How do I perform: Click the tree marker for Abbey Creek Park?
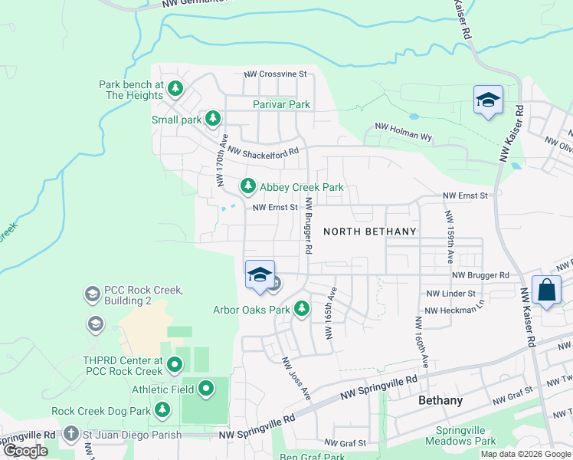[247, 186]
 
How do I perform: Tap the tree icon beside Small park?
[213, 119]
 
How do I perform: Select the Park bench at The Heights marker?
[175, 89]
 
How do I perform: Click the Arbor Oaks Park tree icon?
[303, 309]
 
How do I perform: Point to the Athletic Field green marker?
[205, 389]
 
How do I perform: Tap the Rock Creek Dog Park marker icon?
[162, 410]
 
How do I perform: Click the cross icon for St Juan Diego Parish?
[71, 435]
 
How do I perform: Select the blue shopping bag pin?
[546, 291]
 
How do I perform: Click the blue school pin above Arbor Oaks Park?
[260, 274]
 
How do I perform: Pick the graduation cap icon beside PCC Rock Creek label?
[92, 294]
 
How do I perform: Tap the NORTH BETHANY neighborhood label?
[370, 231]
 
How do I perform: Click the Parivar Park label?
[281, 104]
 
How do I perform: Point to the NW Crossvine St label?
[275, 74]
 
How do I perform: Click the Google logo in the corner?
[25, 451]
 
